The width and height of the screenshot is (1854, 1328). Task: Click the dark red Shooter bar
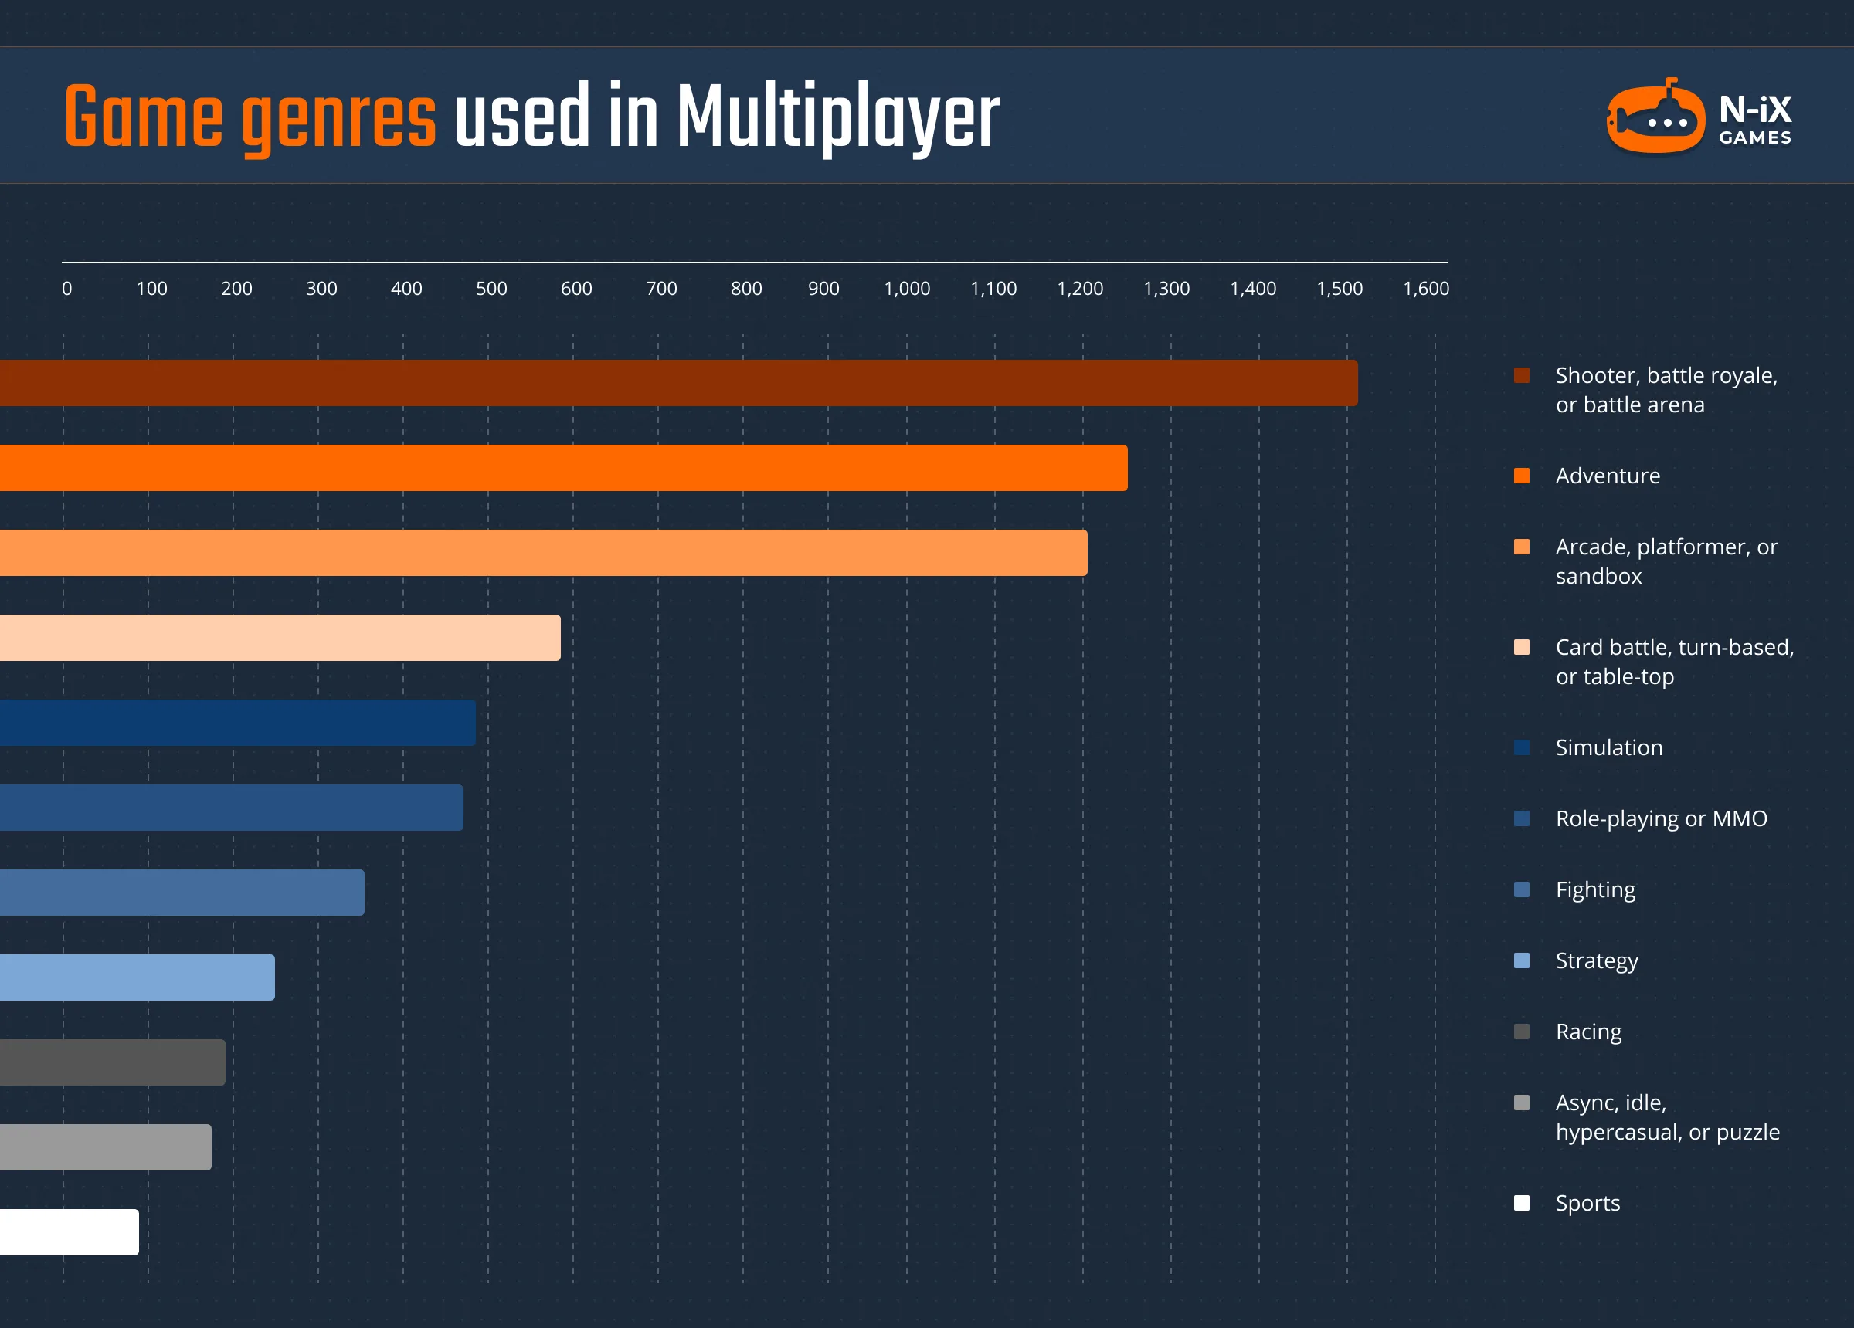pyautogui.click(x=678, y=383)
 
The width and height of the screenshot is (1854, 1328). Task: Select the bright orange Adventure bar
pyautogui.click(x=564, y=468)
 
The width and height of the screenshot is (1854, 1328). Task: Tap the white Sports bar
pyautogui.click(x=70, y=1232)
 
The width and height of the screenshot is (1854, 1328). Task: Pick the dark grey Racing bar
pyautogui.click(x=113, y=1062)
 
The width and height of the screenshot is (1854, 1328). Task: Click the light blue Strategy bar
pyautogui.click(x=138, y=977)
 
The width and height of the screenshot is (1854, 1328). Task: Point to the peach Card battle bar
pyautogui.click(x=280, y=638)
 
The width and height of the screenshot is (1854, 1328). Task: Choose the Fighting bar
pyautogui.click(x=182, y=893)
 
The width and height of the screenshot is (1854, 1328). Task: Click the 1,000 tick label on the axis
pyautogui.click(x=907, y=289)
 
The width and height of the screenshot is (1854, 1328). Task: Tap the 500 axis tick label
pyautogui.click(x=491, y=289)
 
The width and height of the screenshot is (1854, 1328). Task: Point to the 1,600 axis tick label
pyautogui.click(x=1426, y=289)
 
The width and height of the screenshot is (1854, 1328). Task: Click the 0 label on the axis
pyautogui.click(x=67, y=289)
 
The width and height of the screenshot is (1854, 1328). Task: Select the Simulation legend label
pyautogui.click(x=1609, y=747)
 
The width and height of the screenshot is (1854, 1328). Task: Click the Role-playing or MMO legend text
pyautogui.click(x=1661, y=819)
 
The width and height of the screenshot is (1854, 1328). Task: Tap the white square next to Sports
pyautogui.click(x=1521, y=1203)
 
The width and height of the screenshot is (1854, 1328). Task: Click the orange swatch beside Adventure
pyautogui.click(x=1521, y=476)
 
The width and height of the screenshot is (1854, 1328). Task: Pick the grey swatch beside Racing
pyautogui.click(x=1521, y=1032)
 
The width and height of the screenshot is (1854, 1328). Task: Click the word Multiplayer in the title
pyautogui.click(x=838, y=118)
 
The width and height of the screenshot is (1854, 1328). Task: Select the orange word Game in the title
pyautogui.click(x=144, y=118)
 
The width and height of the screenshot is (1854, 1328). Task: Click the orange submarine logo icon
pyautogui.click(x=1656, y=118)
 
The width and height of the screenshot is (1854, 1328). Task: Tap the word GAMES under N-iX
pyautogui.click(x=1755, y=138)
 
